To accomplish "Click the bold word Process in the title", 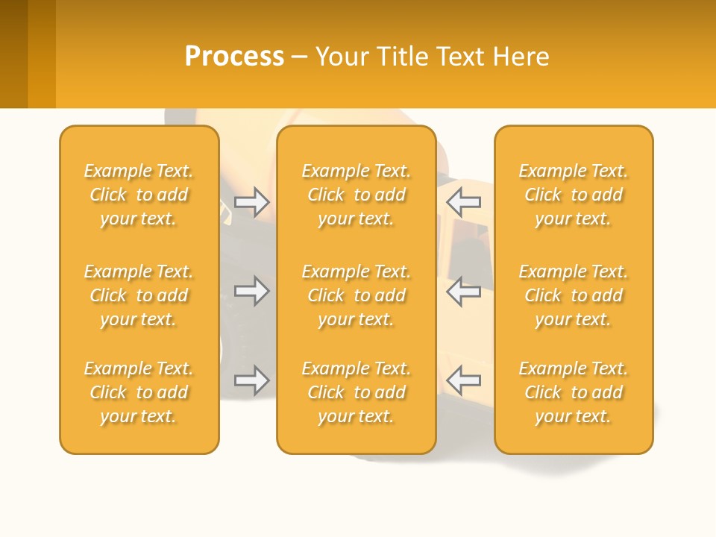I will (234, 57).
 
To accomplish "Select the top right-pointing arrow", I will (251, 201).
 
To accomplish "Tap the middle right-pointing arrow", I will (251, 291).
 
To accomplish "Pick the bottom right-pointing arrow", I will (251, 380).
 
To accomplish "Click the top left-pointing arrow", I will (463, 201).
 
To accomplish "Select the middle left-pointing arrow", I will (463, 291).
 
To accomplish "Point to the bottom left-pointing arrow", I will (463, 380).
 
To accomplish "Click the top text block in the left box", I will (139, 195).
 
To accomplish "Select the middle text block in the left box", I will (139, 295).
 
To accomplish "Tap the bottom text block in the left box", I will (139, 392).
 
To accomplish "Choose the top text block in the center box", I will (356, 195).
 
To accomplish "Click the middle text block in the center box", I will (356, 295).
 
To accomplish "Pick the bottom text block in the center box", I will (356, 392).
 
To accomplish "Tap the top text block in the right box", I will (574, 195).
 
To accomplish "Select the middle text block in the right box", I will (574, 295).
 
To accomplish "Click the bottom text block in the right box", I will (574, 392).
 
